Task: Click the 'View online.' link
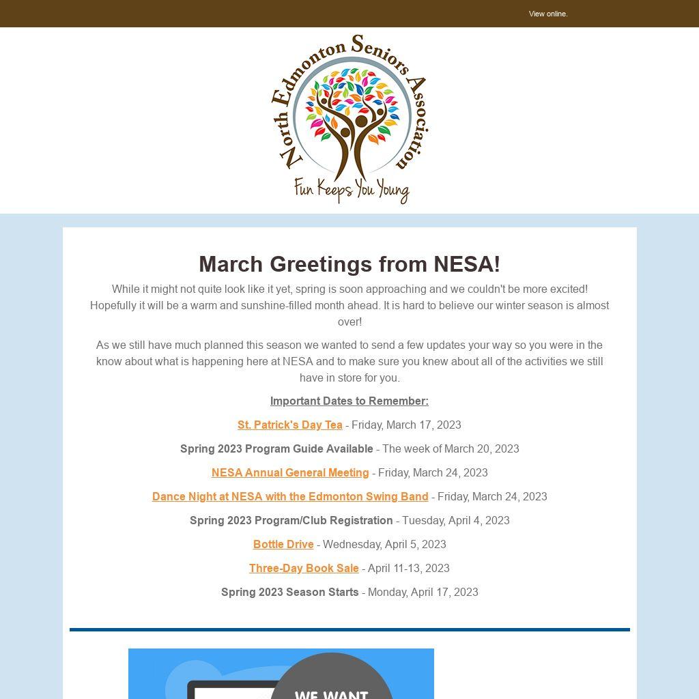[548, 14]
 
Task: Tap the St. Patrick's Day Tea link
[290, 425]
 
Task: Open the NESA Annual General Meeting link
[290, 472]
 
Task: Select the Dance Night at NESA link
[290, 496]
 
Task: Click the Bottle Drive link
[283, 544]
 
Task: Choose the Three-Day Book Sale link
[304, 568]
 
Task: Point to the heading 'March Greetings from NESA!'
[349, 264]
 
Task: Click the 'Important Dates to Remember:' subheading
[349, 401]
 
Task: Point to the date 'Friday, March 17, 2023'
[406, 425]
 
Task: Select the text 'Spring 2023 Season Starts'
[290, 592]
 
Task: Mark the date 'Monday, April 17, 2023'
[423, 592]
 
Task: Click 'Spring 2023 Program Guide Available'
[276, 448]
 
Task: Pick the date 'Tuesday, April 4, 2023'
[455, 520]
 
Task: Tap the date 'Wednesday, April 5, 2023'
[384, 544]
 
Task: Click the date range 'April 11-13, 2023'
[408, 568]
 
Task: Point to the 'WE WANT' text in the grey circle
[332, 694]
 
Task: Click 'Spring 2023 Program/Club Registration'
[291, 520]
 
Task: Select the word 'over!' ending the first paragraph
[349, 322]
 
